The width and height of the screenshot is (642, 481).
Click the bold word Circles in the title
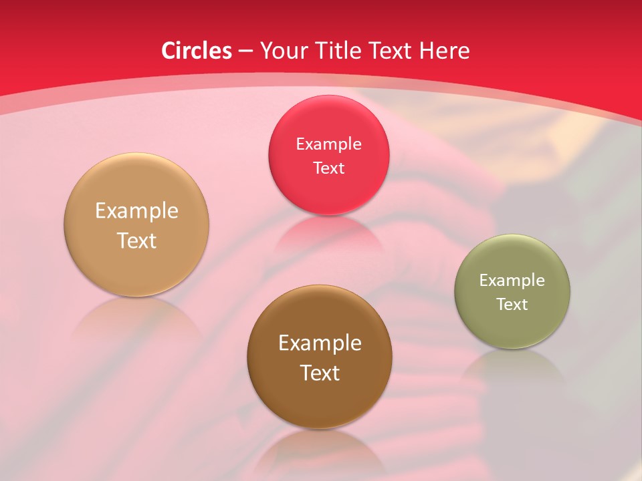[x=196, y=51]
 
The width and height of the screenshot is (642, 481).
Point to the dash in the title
[x=245, y=51]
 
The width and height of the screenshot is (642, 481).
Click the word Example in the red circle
[x=328, y=144]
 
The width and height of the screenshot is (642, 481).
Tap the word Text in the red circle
[x=328, y=168]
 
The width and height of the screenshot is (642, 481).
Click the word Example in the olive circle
[x=512, y=281]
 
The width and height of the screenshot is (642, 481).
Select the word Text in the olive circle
[x=512, y=304]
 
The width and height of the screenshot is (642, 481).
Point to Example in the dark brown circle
[x=319, y=343]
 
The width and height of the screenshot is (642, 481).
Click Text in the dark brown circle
[x=319, y=373]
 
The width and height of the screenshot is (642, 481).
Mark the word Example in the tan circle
[x=136, y=211]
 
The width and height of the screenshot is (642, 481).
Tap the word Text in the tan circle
[x=136, y=240]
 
